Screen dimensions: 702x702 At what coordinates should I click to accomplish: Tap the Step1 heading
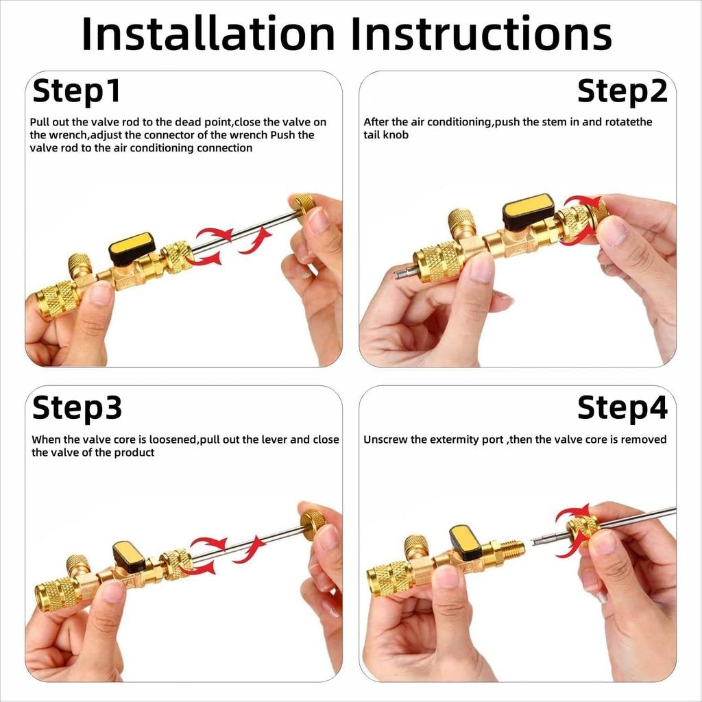click(77, 91)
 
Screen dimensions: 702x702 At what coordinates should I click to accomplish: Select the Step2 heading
click(622, 91)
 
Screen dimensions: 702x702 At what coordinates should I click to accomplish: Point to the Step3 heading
click(77, 408)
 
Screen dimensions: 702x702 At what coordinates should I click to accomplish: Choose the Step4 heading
click(622, 408)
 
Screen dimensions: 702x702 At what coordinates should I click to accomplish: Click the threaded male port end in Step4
click(511, 549)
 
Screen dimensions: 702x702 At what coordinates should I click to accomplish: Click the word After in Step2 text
click(376, 122)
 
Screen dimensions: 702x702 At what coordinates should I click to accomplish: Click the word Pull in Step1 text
click(40, 122)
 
